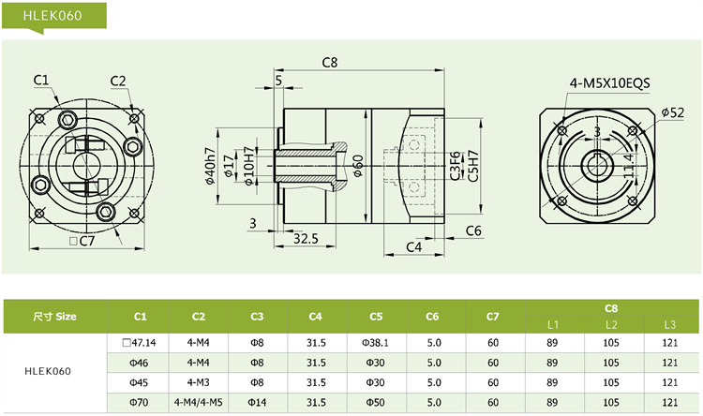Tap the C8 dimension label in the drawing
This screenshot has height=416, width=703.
click(329, 63)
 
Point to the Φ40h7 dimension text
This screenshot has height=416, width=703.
click(211, 168)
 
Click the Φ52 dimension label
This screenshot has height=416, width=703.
click(672, 112)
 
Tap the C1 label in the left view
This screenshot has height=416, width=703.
click(41, 80)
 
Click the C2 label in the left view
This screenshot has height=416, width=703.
click(118, 80)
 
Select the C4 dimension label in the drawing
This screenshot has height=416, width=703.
click(413, 246)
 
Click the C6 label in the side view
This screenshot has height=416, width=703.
click(473, 230)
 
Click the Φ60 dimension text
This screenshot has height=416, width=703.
click(358, 169)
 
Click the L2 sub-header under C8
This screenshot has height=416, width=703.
click(610, 324)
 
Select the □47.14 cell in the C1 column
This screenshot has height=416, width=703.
click(141, 343)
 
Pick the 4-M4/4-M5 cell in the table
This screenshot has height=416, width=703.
click(199, 401)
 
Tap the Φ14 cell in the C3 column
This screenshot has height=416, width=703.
click(257, 401)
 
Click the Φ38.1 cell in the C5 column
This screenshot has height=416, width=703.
click(375, 343)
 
